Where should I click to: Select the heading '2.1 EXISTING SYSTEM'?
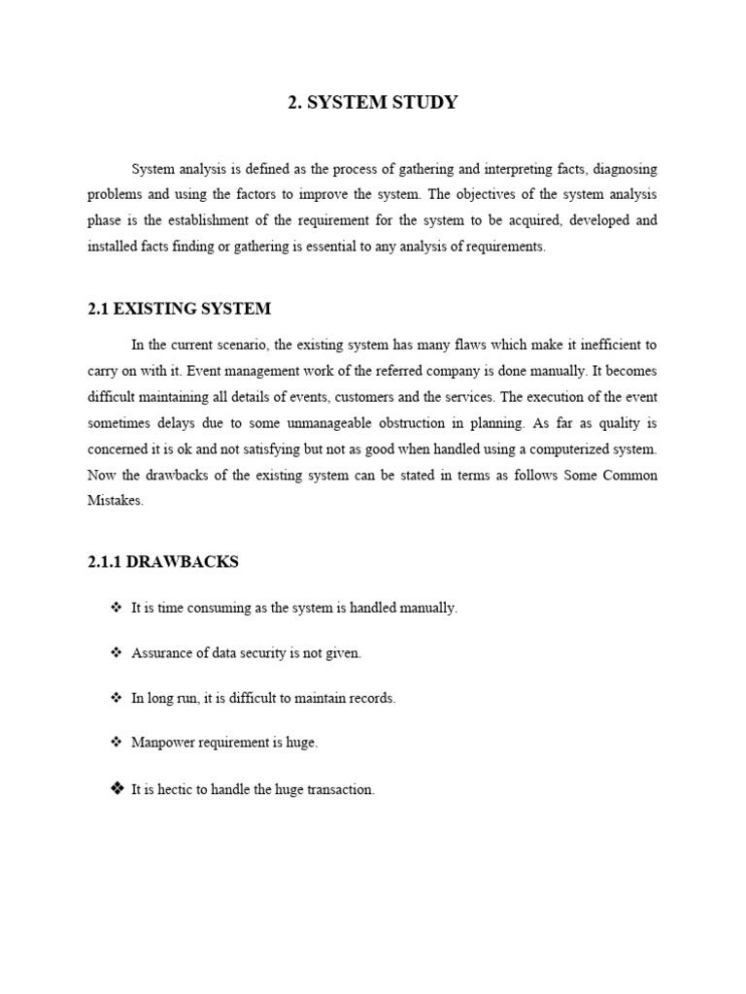click(x=179, y=309)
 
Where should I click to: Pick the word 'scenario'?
click(x=245, y=345)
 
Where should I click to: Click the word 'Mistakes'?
click(x=116, y=502)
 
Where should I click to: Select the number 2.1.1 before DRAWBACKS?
click(x=106, y=562)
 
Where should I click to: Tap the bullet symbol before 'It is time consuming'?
click(x=116, y=608)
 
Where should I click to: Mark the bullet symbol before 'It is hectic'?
click(x=117, y=789)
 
